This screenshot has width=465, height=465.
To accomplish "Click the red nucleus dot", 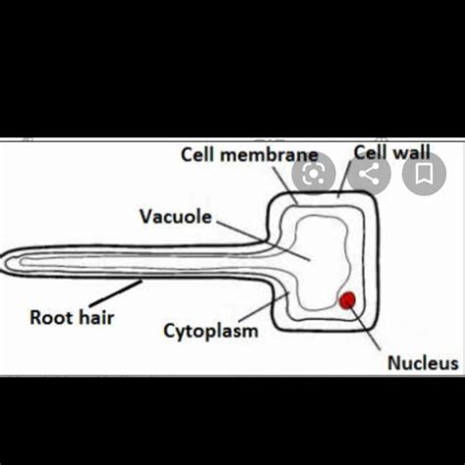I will [347, 300].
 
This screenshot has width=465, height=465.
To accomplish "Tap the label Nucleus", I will [422, 363].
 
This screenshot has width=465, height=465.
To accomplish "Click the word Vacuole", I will [176, 216].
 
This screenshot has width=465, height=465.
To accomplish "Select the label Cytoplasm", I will [210, 331].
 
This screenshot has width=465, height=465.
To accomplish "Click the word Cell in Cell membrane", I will [199, 155].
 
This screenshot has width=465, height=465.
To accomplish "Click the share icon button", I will [369, 175].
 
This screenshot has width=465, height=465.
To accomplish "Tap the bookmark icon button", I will [424, 175].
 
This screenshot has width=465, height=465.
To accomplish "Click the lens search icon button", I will [314, 175].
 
